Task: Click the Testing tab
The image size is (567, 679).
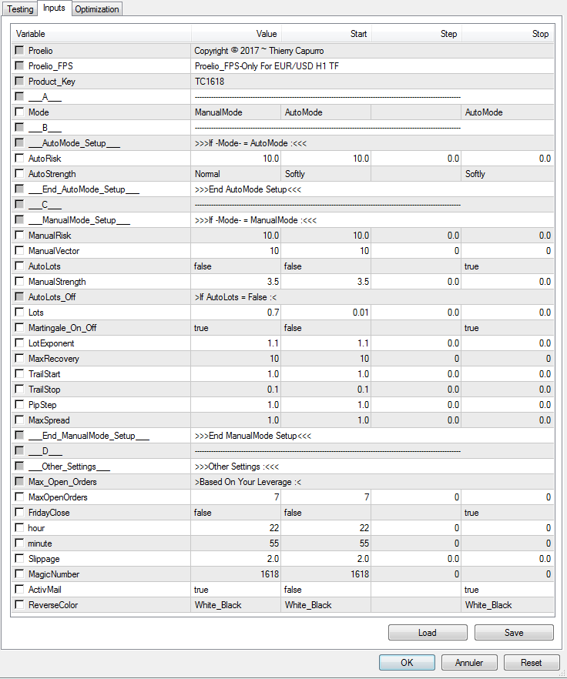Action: coord(20,9)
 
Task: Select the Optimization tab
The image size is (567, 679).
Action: coord(97,9)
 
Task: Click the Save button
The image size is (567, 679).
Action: coord(514,633)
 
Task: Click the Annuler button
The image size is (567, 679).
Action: coord(469,662)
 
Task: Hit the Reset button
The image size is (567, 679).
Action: coord(531,662)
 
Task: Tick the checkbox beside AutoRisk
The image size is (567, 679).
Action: coord(19,159)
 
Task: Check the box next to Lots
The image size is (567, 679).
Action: coord(19,313)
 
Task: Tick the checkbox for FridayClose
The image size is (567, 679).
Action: coord(19,513)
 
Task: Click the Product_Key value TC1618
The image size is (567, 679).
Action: coord(210,82)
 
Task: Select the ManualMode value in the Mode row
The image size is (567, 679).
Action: coord(219,112)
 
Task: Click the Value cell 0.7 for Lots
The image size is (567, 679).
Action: coord(272,313)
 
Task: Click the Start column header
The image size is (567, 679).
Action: coord(359,34)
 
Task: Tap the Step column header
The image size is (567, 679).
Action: coord(448,34)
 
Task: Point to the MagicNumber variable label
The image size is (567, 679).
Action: coord(54,574)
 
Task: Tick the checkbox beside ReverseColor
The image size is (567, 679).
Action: coord(19,605)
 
